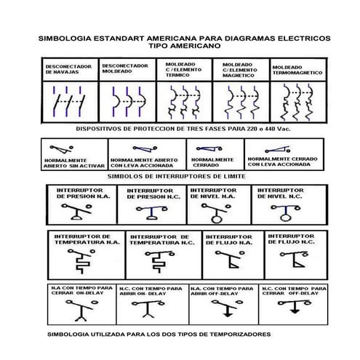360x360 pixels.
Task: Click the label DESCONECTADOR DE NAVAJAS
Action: (68, 69)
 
